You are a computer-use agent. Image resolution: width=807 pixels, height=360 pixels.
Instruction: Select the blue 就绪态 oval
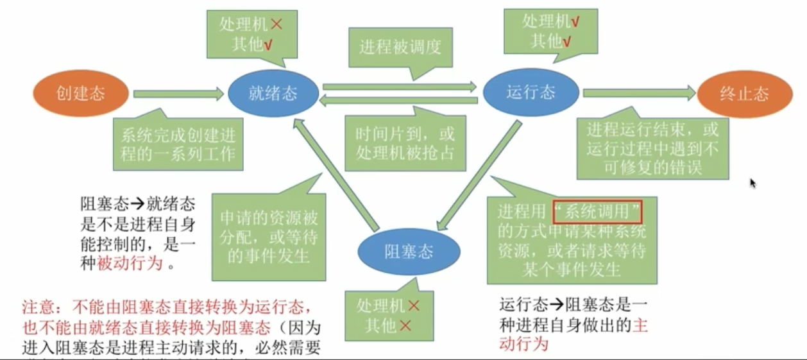tap(273, 94)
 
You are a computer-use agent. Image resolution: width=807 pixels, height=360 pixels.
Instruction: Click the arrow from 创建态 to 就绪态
tap(178, 94)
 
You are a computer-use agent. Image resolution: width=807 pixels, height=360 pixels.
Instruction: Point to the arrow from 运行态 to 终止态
tap(639, 94)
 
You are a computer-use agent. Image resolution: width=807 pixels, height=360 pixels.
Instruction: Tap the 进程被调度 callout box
tap(400, 47)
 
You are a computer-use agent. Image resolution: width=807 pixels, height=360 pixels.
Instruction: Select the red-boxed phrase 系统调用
tap(597, 210)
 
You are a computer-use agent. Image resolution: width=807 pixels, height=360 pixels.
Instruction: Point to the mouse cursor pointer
tap(752, 183)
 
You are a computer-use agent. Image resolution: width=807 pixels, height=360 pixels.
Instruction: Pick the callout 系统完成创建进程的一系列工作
tap(178, 145)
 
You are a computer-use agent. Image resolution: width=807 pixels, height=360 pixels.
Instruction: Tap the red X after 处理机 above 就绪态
tap(276, 26)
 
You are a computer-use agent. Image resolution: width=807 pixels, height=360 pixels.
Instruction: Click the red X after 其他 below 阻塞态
tap(405, 325)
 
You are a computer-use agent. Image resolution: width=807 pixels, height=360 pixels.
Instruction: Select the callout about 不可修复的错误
tap(652, 148)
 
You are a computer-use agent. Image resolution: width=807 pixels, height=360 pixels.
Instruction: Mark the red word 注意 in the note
tap(36, 306)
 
